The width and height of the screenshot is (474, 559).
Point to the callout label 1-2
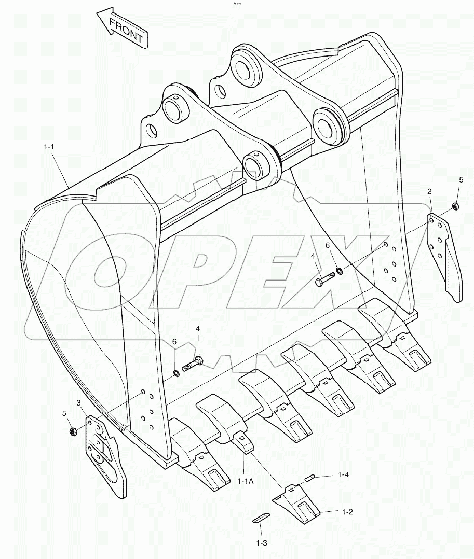pyautogui.click(x=347, y=512)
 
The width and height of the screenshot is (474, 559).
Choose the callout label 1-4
pyautogui.click(x=343, y=474)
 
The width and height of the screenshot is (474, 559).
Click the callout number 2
pyautogui.click(x=429, y=192)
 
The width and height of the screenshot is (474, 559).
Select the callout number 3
pyautogui.click(x=78, y=402)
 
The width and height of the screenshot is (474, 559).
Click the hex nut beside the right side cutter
pyautogui.click(x=455, y=206)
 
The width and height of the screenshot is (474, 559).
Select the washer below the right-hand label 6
pyautogui.click(x=339, y=270)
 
